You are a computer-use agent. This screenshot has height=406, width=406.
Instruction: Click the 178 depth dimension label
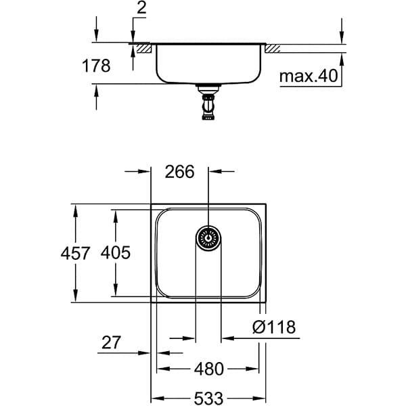click(x=96, y=66)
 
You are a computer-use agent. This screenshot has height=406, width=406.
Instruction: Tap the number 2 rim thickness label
click(x=141, y=8)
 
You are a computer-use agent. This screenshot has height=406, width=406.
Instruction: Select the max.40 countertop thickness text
click(x=309, y=76)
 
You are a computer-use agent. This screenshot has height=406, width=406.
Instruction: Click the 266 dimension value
click(x=179, y=172)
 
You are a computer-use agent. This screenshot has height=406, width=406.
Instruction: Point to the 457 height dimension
click(x=75, y=253)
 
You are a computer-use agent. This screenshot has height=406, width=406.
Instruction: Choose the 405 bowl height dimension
click(x=116, y=252)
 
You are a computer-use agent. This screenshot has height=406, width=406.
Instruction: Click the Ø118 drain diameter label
click(x=274, y=327)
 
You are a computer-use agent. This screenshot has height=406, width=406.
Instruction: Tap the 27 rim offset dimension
click(x=111, y=342)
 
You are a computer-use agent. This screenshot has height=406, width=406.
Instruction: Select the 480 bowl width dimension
click(x=208, y=369)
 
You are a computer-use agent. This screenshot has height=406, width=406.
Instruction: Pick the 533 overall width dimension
click(x=208, y=398)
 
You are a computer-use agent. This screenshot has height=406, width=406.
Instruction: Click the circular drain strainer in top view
click(x=208, y=238)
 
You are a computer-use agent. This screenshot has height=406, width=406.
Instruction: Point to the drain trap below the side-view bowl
click(x=208, y=102)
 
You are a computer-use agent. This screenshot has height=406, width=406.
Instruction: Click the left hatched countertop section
click(x=144, y=49)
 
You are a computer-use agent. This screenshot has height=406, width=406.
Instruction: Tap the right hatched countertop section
click(x=272, y=49)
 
